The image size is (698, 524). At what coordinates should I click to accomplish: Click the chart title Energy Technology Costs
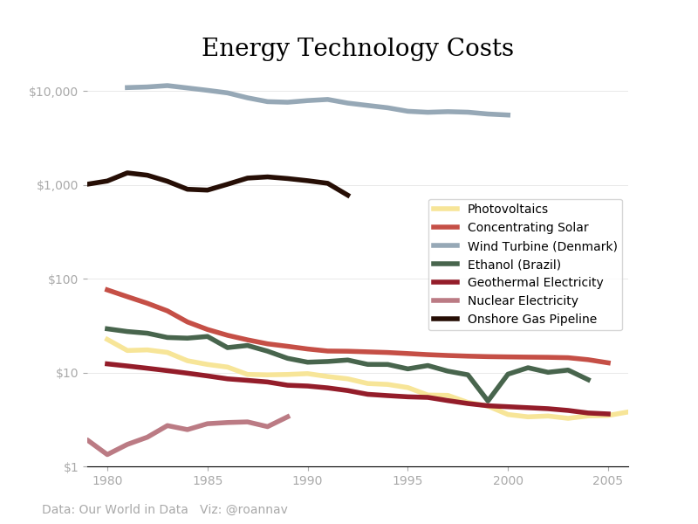coord(357,49)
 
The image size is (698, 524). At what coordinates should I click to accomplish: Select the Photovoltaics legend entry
coord(507,210)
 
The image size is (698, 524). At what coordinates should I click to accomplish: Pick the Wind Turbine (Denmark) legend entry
coord(542,246)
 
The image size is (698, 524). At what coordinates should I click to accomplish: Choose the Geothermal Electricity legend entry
coord(535,283)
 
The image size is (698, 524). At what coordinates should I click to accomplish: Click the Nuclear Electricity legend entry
coord(523,301)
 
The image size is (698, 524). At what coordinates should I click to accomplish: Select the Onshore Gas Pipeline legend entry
coord(531,320)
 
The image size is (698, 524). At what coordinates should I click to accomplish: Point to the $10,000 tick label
coord(53,92)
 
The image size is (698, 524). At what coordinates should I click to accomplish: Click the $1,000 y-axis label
coord(57,185)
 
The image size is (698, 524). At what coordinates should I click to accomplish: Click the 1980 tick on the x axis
coord(107,481)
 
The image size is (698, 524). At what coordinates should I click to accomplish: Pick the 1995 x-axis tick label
coord(407,481)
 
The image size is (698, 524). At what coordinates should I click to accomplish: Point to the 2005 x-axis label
coord(608,481)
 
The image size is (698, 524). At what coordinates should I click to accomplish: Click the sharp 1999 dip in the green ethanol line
coord(489,401)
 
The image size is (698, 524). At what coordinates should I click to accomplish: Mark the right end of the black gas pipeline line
coord(349,196)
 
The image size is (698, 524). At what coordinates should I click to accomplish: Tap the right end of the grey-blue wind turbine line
coord(509,115)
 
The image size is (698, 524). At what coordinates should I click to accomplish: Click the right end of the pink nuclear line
coord(288,417)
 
